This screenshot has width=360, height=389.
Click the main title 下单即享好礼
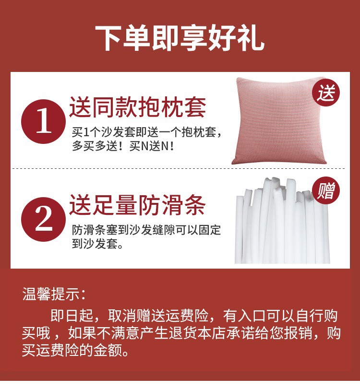180,38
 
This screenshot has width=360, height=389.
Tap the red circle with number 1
44,121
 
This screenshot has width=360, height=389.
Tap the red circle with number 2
44,219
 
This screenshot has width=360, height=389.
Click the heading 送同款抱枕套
138,107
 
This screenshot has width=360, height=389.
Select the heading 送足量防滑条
138,205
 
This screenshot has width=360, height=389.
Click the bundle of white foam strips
282,220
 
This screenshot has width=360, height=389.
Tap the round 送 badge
326,93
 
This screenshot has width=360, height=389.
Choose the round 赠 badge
326,190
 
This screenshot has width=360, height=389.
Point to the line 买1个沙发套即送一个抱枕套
144,132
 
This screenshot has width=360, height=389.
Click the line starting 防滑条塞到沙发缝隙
146,230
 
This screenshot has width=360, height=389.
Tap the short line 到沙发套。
97,244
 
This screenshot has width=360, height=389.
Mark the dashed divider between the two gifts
179,168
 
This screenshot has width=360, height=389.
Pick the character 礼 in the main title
250,38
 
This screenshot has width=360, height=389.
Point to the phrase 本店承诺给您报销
255,333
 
